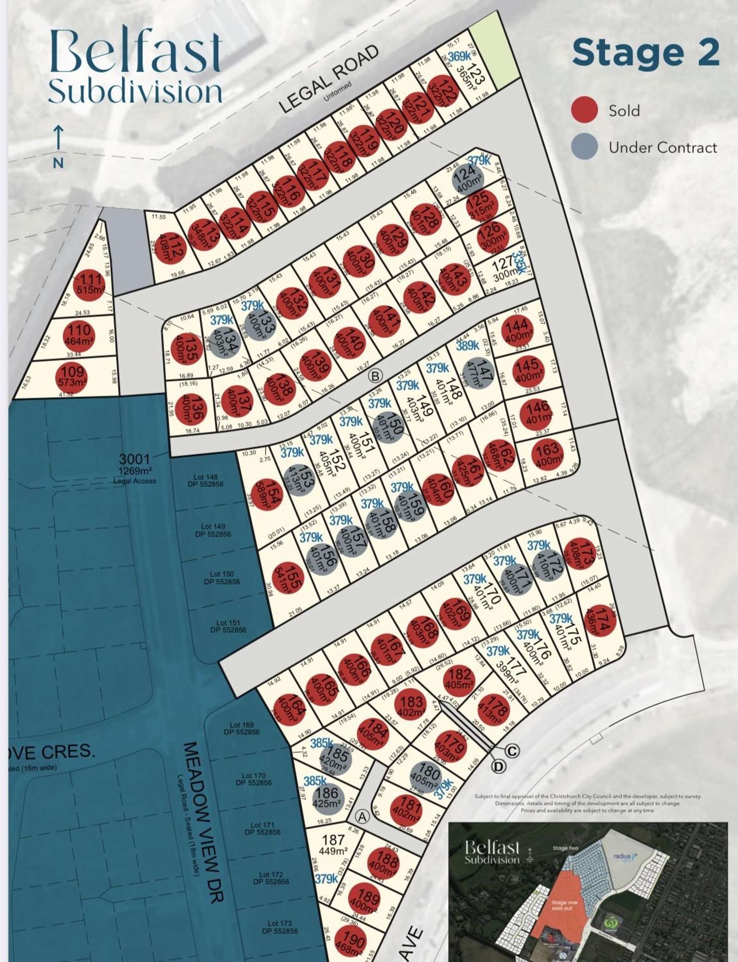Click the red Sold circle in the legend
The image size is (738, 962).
pyautogui.click(x=584, y=110)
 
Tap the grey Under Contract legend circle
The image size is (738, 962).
pyautogui.click(x=584, y=146)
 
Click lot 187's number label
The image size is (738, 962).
pyautogui.click(x=333, y=839)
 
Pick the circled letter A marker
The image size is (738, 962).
pyautogui.click(x=362, y=816)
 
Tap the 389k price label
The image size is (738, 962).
pyautogui.click(x=467, y=345)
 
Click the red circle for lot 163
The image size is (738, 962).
pyautogui.click(x=547, y=454)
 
